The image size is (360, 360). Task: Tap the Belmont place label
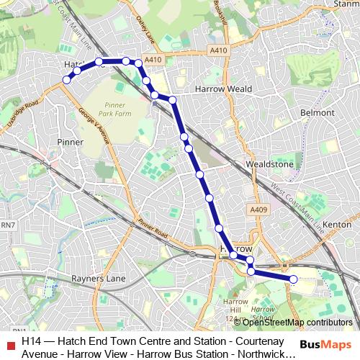coord(318,113)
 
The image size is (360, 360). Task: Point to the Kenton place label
coord(337,225)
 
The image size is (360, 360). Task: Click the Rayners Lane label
coord(99,278)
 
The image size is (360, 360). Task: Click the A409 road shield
coord(259,210)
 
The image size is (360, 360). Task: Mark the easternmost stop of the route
coord(293,279)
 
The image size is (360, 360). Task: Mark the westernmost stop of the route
coord(66,81)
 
